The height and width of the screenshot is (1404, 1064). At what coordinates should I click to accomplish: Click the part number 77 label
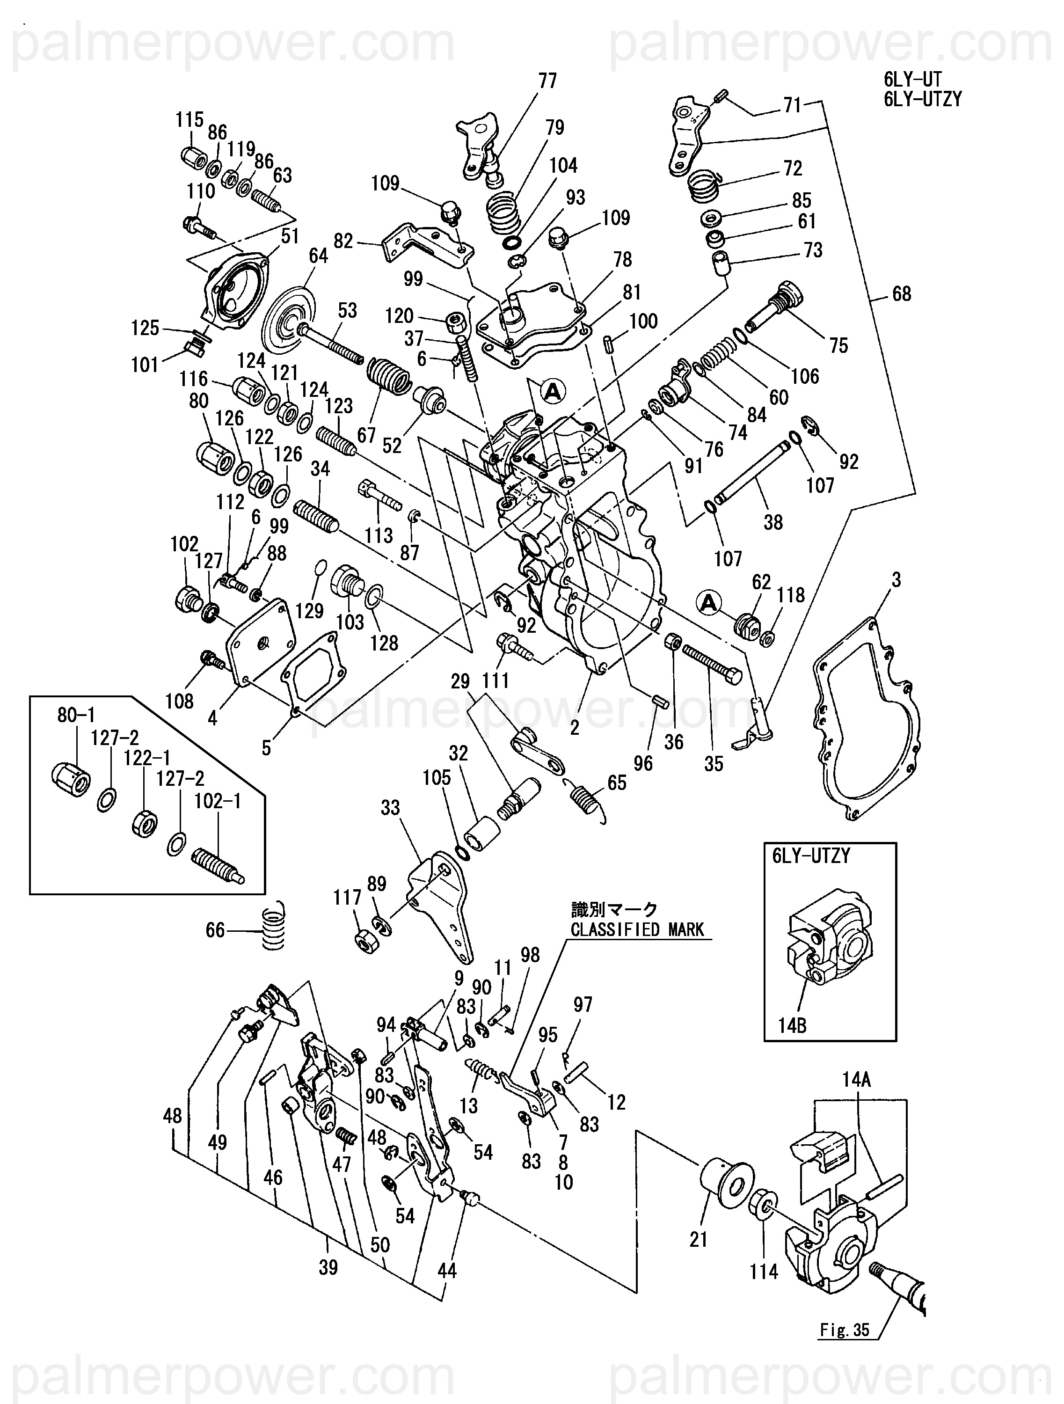[547, 81]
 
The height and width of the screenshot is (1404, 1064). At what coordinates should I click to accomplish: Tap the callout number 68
[901, 294]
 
